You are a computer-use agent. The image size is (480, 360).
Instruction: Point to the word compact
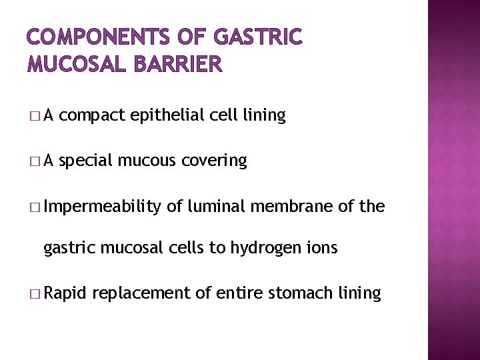click(x=94, y=116)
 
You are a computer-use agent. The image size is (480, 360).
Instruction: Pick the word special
click(x=87, y=161)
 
